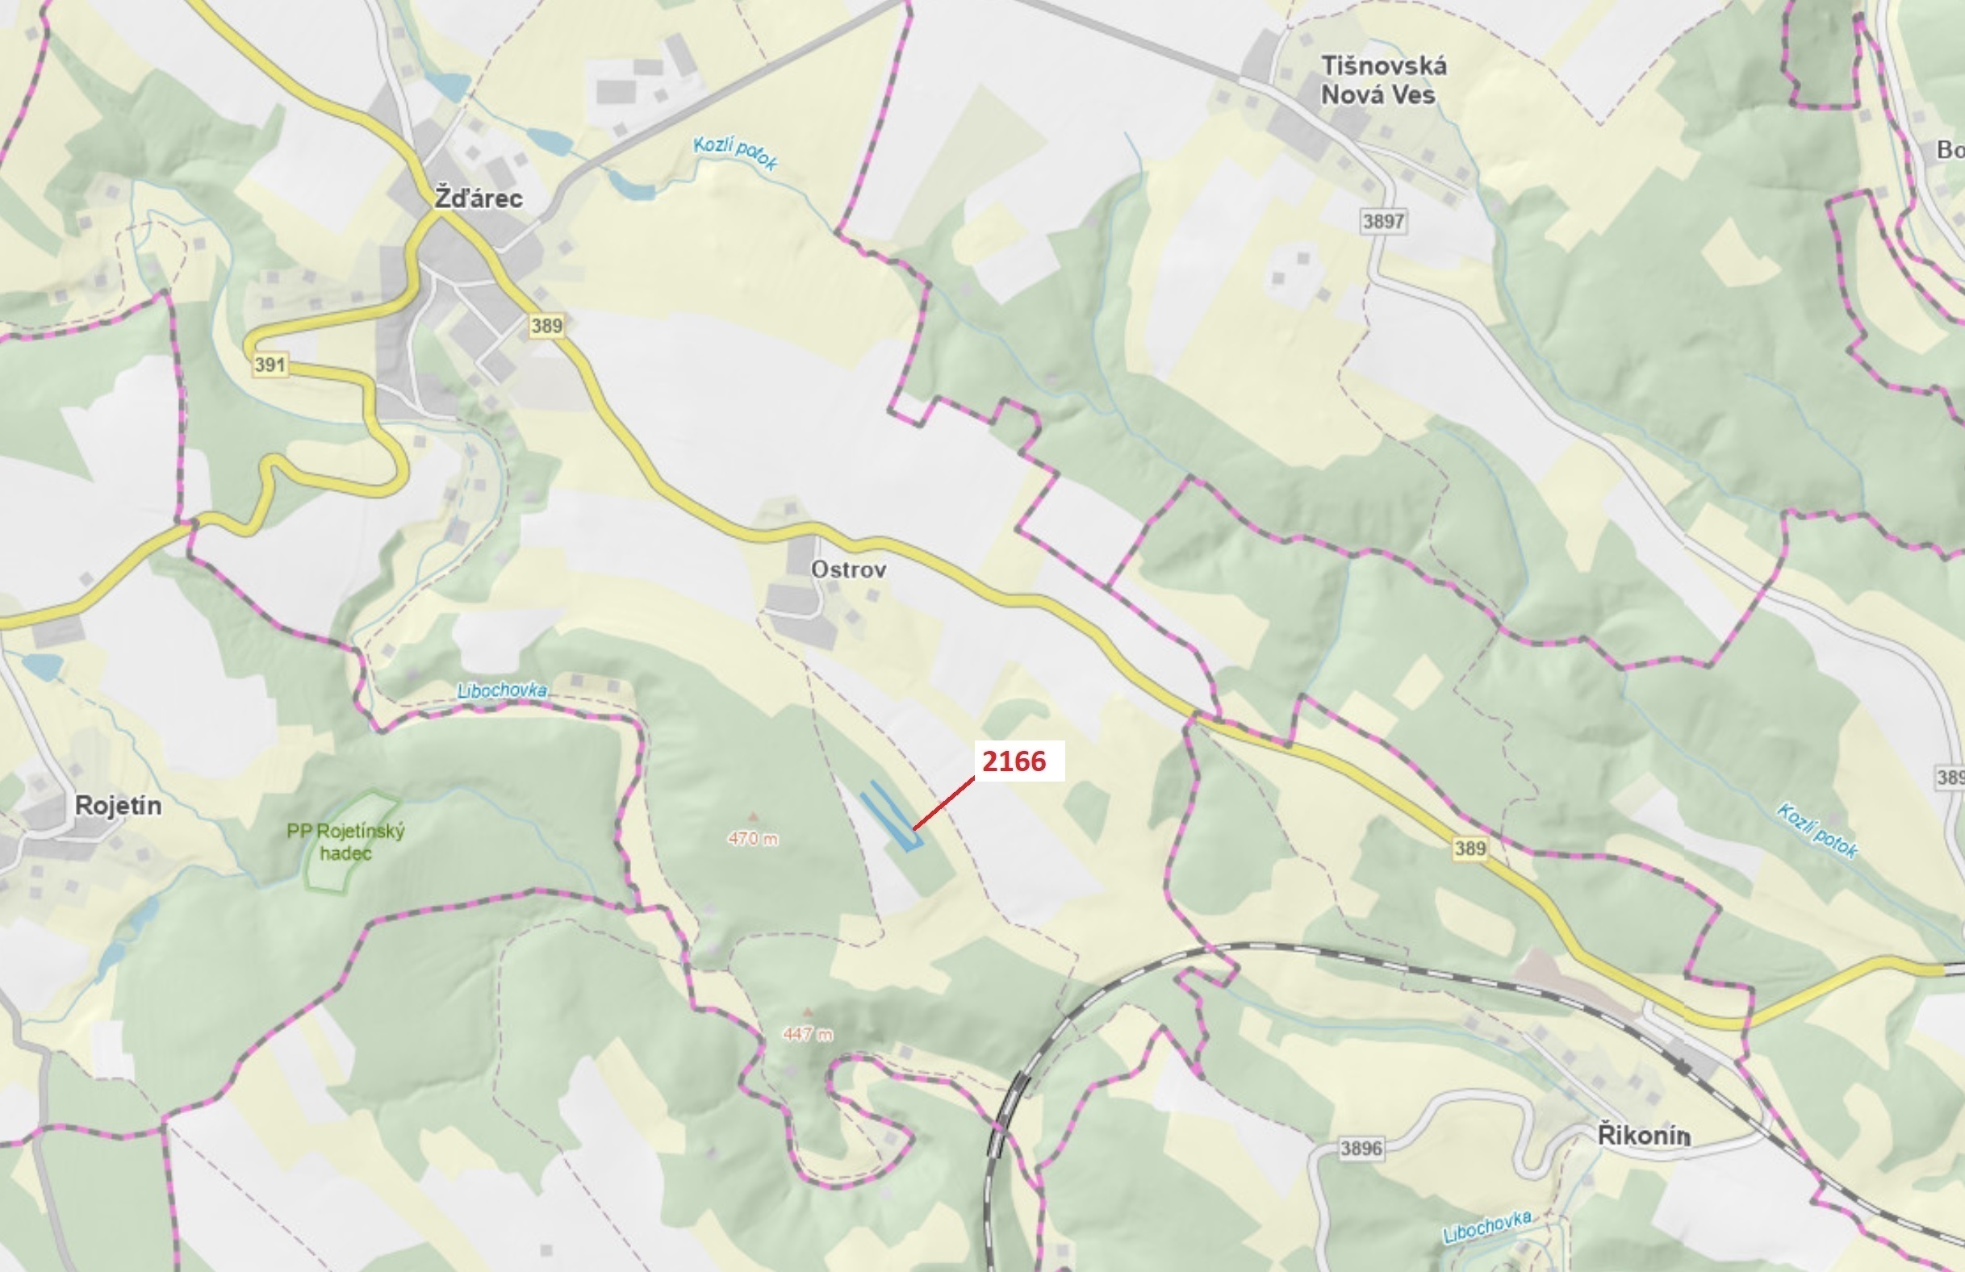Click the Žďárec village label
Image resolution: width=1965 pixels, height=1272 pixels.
coord(479,199)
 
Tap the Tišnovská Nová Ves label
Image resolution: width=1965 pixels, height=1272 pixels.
coord(1383,80)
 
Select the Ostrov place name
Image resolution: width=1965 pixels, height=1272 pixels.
coord(849,569)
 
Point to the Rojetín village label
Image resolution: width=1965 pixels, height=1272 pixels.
coord(118,806)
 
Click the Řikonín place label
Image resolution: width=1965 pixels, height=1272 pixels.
coord(1644,1136)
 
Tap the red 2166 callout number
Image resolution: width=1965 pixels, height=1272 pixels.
coord(1014,761)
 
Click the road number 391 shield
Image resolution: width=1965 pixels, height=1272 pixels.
coord(270,365)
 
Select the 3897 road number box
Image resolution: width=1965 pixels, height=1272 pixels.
coord(1384,221)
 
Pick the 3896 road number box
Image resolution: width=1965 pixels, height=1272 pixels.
coord(1361,1148)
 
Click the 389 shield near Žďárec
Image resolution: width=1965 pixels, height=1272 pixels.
coord(546,326)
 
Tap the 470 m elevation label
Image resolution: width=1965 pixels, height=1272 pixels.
coord(752,839)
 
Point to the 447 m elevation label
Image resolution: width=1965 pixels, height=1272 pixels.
coord(808,1033)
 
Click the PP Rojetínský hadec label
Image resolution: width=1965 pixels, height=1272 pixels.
coord(346,842)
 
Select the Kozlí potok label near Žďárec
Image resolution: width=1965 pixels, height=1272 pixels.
coord(735,153)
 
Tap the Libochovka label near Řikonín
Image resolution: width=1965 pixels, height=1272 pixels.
coord(1487,1227)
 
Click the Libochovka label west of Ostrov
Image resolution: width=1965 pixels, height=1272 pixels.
coord(502,690)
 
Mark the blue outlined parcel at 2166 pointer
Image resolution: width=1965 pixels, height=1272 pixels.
coord(890,817)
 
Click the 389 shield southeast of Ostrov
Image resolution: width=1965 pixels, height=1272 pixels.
coord(1470,848)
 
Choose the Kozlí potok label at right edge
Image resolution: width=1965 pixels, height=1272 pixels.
coord(1817,829)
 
